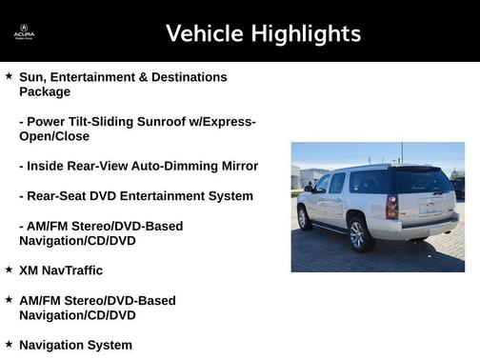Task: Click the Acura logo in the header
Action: [24, 32]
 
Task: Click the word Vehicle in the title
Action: [205, 33]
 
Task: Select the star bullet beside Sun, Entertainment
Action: [9, 75]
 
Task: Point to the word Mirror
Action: [239, 166]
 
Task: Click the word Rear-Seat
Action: [58, 195]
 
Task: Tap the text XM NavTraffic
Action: [61, 270]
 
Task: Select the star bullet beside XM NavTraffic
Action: [9, 270]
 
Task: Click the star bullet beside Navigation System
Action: [9, 344]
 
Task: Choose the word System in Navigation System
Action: [110, 345]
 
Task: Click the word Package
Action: [45, 91]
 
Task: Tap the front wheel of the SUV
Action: [304, 218]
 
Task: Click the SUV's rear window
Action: [423, 182]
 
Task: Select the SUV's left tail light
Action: [391, 207]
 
